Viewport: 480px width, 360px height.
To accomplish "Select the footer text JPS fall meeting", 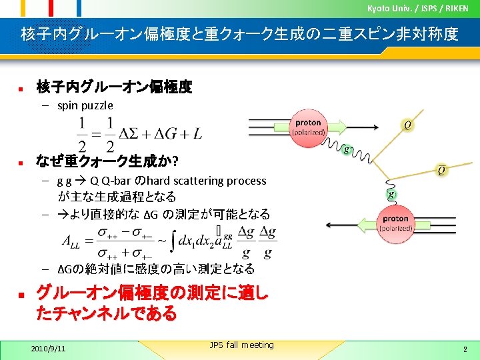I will coord(241,345).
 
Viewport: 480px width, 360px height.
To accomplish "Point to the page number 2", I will coord(465,349).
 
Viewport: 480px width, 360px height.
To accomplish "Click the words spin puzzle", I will coord(85,105).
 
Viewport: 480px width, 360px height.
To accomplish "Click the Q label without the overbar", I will coord(407,125).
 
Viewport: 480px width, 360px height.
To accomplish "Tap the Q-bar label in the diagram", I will coord(441,171).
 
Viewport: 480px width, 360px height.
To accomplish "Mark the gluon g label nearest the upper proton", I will coord(347,149).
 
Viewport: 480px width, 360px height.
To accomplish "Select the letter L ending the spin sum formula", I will coord(197,134).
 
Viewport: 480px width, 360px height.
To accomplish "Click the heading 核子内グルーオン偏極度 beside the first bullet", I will coord(114,87).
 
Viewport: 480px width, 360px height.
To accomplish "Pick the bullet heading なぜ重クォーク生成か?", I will coord(106,161).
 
